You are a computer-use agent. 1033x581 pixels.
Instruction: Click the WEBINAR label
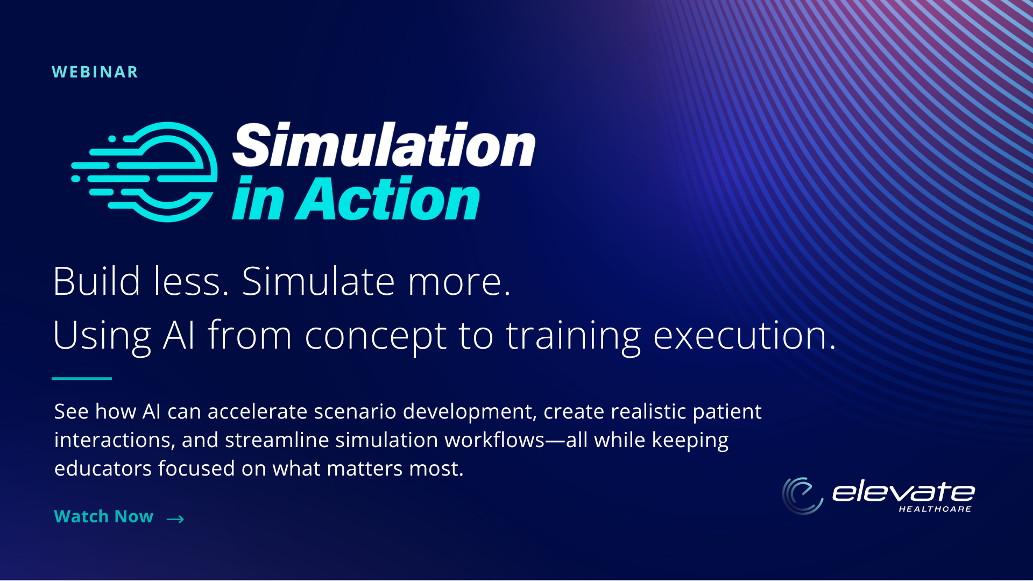[x=95, y=72]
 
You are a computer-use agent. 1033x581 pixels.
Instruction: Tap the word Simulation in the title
[x=384, y=144]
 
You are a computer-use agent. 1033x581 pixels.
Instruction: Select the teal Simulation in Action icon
[x=144, y=172]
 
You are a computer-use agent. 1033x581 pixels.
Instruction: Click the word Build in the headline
[x=97, y=281]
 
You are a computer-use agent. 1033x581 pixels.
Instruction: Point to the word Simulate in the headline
[x=319, y=281]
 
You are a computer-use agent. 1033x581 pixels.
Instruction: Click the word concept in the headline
[x=376, y=337]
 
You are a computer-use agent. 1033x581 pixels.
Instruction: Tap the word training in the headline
[x=574, y=337]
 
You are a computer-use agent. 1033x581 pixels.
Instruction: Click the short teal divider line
[x=82, y=379]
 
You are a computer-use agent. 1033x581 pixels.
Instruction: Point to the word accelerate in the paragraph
[x=257, y=412]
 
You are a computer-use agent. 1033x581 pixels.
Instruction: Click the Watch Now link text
[x=104, y=516]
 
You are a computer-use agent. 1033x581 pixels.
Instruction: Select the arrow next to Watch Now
[x=175, y=519]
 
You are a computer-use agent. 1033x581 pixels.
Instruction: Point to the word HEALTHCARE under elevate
[x=935, y=509]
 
